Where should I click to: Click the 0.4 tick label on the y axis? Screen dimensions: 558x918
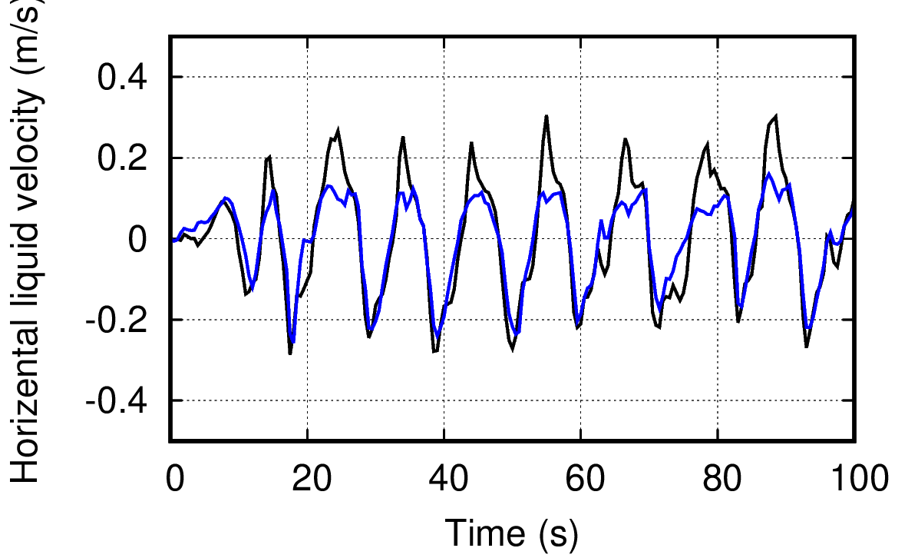[126, 78]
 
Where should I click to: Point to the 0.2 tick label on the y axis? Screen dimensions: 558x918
[126, 158]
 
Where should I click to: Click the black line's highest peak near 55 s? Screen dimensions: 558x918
[547, 116]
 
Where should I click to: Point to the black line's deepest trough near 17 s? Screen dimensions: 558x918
[290, 353]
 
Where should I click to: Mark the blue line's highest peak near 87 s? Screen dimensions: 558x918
[768, 174]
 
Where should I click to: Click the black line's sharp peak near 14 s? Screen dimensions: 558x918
[269, 158]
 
